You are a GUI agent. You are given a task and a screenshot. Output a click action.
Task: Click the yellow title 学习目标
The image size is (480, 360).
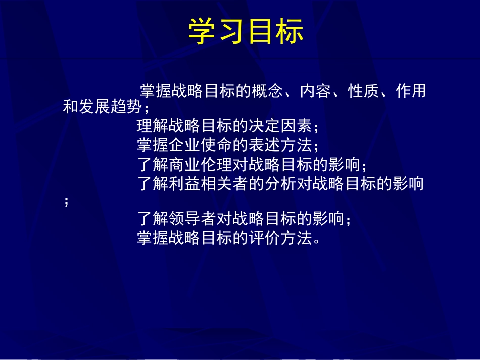click(246, 32)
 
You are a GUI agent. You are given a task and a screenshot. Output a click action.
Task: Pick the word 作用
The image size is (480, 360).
click(411, 92)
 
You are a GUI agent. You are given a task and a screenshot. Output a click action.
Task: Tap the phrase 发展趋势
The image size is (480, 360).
click(111, 108)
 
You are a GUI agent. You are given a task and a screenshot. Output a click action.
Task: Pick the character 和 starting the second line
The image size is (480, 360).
click(71, 108)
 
